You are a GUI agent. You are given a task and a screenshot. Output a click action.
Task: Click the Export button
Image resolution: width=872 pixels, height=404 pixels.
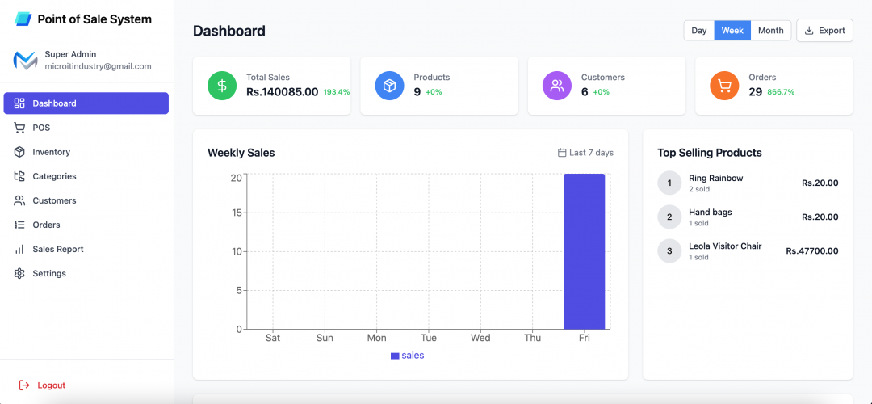click(824, 31)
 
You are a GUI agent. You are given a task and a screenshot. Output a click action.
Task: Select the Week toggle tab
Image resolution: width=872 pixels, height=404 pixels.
click(732, 31)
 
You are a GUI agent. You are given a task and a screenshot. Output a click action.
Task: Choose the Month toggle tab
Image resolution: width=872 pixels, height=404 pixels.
click(770, 31)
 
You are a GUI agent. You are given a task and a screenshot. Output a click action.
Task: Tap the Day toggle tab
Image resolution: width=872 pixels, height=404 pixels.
click(699, 31)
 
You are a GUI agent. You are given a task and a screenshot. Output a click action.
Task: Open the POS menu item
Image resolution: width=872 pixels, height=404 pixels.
click(41, 128)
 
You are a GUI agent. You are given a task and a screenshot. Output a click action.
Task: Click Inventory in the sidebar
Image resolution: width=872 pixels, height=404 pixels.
click(51, 152)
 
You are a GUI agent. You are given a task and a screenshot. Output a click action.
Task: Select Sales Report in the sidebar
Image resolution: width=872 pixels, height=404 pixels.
click(57, 249)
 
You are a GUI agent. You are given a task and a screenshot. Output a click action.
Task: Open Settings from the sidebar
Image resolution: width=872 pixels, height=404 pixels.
click(49, 273)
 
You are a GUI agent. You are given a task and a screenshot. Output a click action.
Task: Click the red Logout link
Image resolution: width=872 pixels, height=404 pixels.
click(51, 385)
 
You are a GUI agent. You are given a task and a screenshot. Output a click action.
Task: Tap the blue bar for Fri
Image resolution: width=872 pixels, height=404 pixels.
click(584, 251)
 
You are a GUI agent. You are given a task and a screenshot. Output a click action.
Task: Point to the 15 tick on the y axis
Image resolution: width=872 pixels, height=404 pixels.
click(237, 213)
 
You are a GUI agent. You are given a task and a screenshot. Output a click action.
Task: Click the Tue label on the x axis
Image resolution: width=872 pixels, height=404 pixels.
click(429, 338)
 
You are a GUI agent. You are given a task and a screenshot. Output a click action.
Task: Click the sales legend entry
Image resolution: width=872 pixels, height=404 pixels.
click(408, 356)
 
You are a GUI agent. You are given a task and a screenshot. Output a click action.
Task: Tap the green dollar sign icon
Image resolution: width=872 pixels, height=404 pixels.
click(222, 86)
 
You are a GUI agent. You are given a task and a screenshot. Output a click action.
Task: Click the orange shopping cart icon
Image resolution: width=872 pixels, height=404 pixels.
click(724, 86)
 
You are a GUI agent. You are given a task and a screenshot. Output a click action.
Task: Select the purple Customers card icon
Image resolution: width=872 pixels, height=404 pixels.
click(556, 86)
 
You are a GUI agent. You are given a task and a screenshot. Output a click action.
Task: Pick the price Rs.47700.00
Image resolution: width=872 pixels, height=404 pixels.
click(811, 251)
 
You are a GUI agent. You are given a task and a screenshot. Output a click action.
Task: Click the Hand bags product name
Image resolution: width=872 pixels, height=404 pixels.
click(710, 212)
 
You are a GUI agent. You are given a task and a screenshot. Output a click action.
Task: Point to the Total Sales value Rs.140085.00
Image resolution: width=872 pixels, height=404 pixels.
click(282, 92)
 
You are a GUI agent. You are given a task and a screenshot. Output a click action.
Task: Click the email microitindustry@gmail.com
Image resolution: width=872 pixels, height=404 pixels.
click(98, 66)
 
